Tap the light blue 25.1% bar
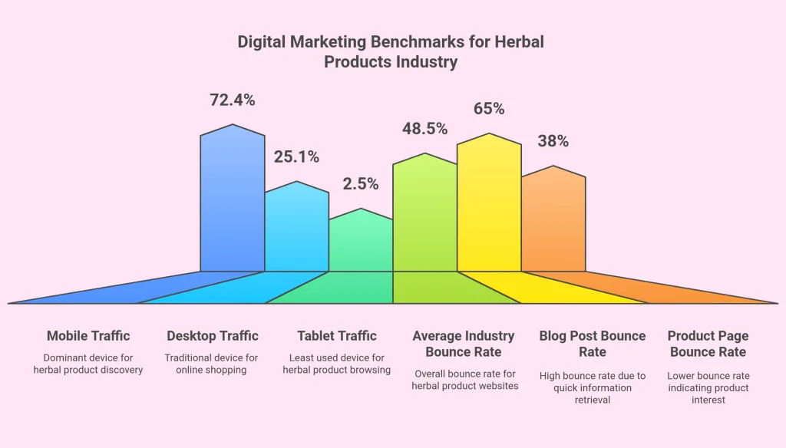click(297, 230)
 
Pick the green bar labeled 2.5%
click(361, 245)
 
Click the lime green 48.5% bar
click(424, 215)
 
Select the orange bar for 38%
click(553, 222)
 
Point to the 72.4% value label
click(232, 100)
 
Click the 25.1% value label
click(296, 157)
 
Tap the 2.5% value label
click(361, 184)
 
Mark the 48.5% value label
click(424, 129)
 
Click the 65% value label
click(489, 109)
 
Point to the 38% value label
click(553, 141)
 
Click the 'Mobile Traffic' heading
click(88, 336)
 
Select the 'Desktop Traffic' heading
click(213, 336)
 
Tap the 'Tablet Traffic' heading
click(337, 336)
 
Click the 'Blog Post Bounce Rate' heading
click(593, 344)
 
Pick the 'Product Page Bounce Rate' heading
click(708, 344)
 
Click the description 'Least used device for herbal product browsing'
click(337, 364)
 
